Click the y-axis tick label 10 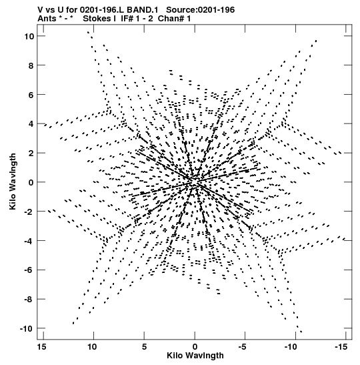click(29, 36)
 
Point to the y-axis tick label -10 click(27, 329)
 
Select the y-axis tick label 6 click(31, 95)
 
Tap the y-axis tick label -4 click(29, 241)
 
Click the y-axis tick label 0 click(31, 183)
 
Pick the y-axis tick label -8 click(29, 299)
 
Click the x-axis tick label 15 click(41, 347)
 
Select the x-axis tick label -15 click(341, 347)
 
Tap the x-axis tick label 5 click(144, 347)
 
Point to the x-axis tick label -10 click(291, 347)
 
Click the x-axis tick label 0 click(195, 347)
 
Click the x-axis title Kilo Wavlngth click(195, 356)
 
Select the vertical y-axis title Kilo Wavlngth click(13, 181)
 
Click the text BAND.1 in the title click(142, 10)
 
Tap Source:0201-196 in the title click(201, 10)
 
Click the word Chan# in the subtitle click(171, 19)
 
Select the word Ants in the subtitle click(47, 19)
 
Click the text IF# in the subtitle click(127, 19)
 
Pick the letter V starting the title click(41, 10)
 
